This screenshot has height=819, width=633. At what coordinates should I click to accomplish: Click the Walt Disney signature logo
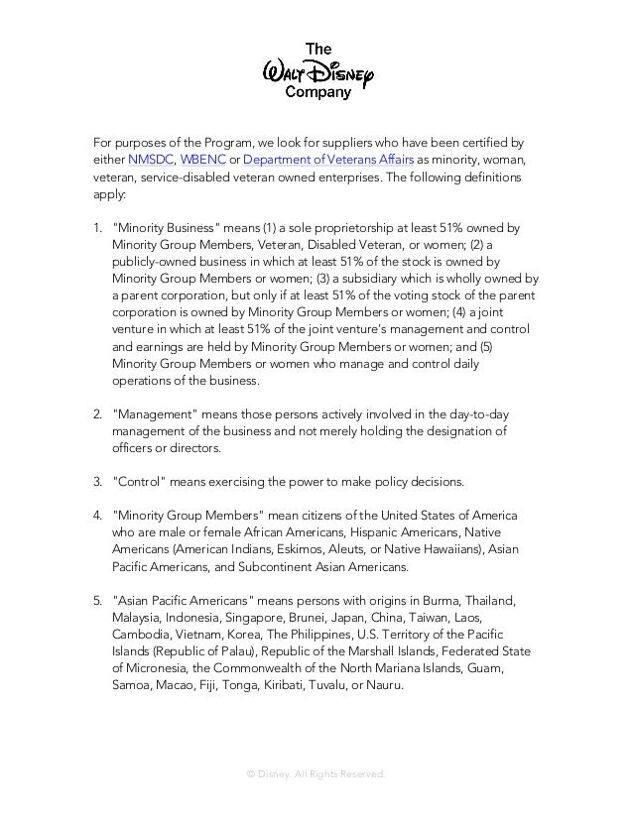pyautogui.click(x=317, y=69)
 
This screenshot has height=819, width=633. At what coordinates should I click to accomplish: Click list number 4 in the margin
pyautogui.click(x=97, y=517)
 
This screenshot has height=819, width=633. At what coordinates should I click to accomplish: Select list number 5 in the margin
pyautogui.click(x=97, y=603)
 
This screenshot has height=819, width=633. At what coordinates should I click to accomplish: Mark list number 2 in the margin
pyautogui.click(x=97, y=413)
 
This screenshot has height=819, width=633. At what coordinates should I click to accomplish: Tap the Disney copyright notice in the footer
pyautogui.click(x=316, y=773)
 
